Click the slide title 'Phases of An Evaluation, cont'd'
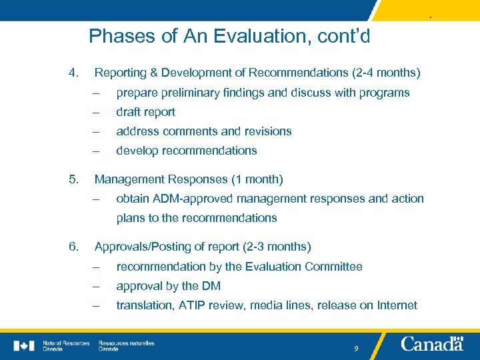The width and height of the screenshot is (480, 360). point(229,35)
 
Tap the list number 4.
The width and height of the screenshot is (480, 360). point(73,72)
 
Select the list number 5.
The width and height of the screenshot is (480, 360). point(73,179)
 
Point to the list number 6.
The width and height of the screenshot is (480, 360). point(73,247)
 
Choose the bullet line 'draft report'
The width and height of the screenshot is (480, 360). point(145,112)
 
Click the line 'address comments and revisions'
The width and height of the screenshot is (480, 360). point(203,131)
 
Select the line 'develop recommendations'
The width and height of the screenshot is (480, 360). point(186,151)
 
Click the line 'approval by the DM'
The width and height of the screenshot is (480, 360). point(168,286)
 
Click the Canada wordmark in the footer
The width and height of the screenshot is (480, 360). point(432,344)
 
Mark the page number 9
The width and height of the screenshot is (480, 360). point(357,349)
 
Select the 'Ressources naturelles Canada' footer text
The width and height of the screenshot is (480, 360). point(126,345)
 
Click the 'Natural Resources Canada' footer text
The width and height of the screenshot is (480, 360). point(65,345)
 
